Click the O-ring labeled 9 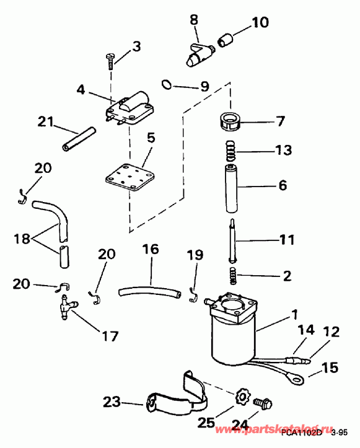(x=165, y=84)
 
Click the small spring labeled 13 (x=230, y=149)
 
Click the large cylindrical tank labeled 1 (x=234, y=335)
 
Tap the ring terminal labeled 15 (x=291, y=374)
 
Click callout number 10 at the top (x=260, y=24)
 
